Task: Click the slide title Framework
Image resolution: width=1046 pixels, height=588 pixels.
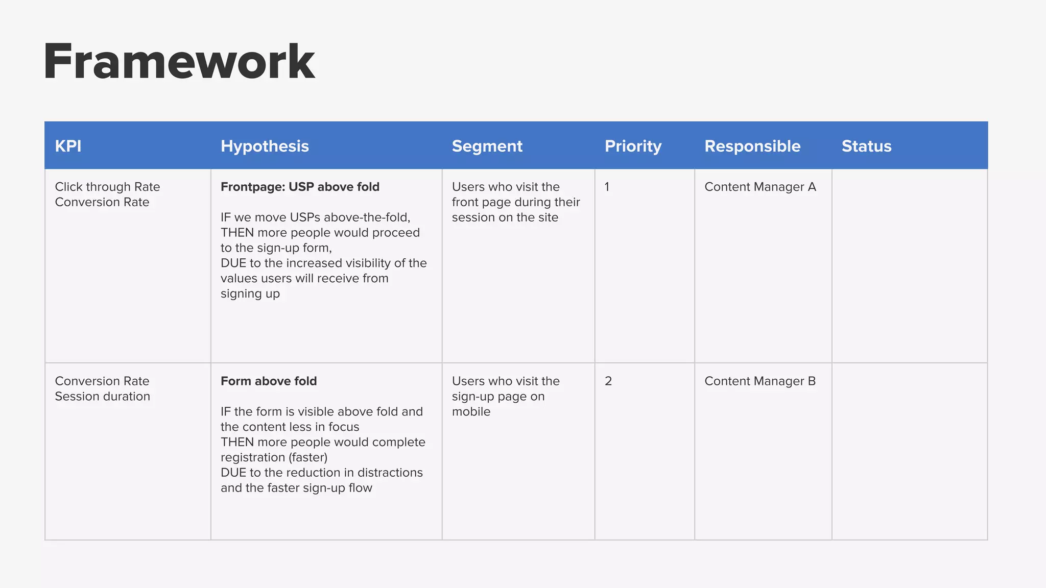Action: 179,62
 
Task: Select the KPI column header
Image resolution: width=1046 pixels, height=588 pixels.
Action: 68,146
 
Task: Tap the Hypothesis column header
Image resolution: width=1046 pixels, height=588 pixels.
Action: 265,146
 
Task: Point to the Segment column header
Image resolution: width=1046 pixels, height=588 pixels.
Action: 487,146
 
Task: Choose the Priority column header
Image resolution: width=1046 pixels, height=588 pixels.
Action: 633,146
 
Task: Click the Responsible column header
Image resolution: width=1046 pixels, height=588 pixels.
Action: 752,146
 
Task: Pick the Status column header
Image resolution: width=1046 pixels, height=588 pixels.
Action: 866,146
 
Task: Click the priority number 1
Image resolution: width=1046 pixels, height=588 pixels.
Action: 607,187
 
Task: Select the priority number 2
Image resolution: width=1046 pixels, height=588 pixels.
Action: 608,381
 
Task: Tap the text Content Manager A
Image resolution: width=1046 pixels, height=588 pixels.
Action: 760,187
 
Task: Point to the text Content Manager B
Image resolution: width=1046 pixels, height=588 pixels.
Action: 760,381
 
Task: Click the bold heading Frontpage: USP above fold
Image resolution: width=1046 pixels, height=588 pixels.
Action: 300,187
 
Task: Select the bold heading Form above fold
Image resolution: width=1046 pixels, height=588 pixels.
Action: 269,381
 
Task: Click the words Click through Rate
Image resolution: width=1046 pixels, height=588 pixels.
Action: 107,187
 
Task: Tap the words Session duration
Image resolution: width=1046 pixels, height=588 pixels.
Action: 102,397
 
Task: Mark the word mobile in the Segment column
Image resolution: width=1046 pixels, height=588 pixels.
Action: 471,412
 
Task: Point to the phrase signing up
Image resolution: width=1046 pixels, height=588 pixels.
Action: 250,294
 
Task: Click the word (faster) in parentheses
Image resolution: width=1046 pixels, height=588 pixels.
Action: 308,457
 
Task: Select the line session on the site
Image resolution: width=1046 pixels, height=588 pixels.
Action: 505,217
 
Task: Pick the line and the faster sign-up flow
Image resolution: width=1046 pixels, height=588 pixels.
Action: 296,488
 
